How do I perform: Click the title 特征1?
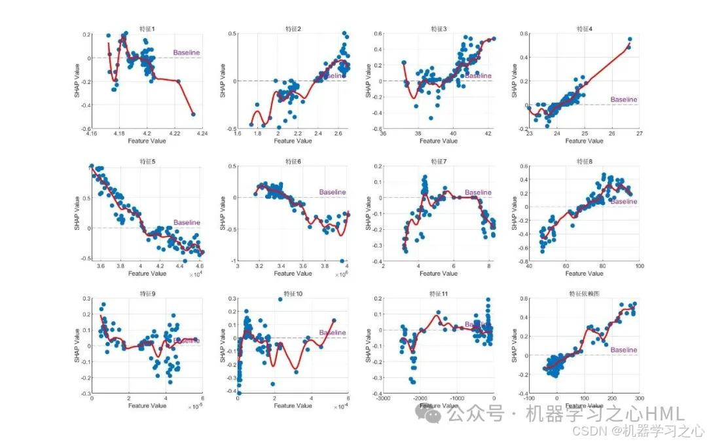147,29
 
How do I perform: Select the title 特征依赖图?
585,294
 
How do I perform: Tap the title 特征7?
439,162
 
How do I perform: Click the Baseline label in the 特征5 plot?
187,223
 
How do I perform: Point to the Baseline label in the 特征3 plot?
478,76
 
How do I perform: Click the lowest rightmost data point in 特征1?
193,114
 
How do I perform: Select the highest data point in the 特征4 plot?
630,39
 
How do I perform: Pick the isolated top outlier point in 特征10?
280,299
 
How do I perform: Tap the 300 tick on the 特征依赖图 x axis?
640,399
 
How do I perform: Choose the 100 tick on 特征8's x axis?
640,266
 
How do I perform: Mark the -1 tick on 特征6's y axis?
232,261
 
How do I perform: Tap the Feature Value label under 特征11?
439,406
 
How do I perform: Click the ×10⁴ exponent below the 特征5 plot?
196,274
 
